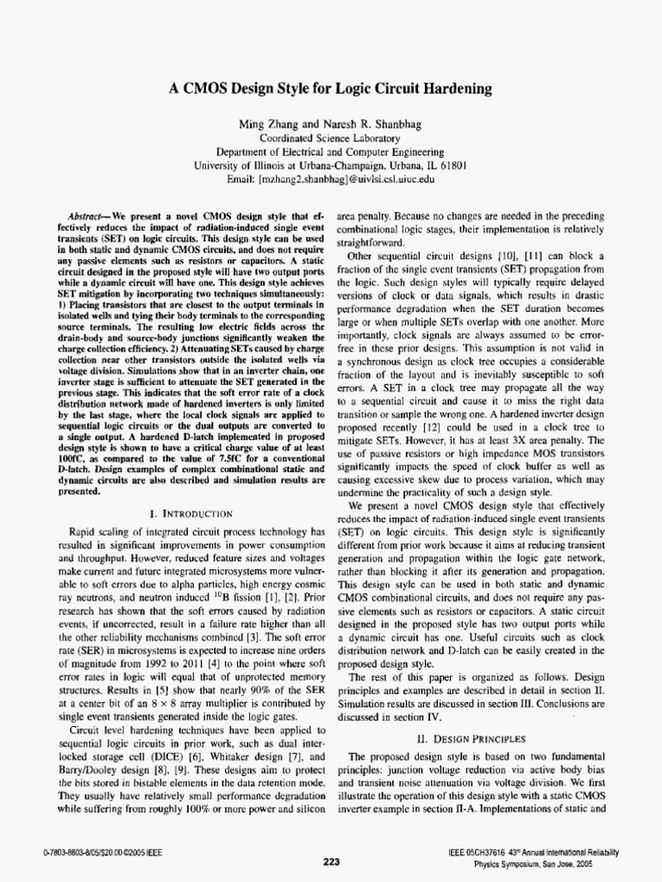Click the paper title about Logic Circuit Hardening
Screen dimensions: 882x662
pyautogui.click(x=330, y=89)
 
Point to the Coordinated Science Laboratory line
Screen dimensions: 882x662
pyautogui.click(x=330, y=138)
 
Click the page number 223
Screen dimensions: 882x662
pyautogui.click(x=332, y=862)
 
